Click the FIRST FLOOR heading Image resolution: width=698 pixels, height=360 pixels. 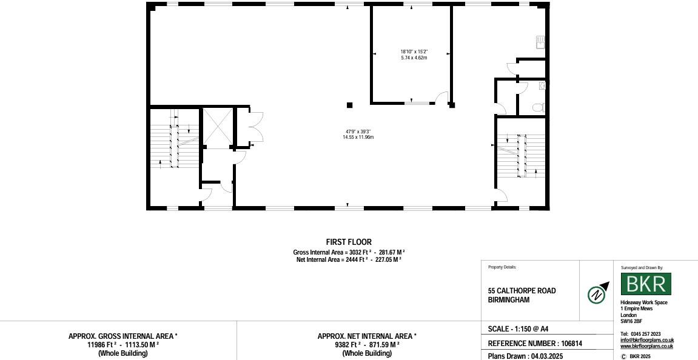(x=349, y=242)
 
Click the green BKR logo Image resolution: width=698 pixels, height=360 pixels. (x=646, y=284)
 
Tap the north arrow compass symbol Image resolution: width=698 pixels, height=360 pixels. (x=598, y=295)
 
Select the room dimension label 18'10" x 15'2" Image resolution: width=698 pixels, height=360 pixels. (x=414, y=52)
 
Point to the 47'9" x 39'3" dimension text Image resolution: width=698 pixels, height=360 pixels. (x=358, y=131)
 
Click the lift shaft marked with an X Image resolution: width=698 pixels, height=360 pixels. (x=217, y=127)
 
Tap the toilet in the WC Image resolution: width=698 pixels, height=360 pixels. (x=537, y=107)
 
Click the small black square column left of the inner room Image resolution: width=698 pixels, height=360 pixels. (x=349, y=105)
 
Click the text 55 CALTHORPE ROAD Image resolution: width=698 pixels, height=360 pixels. (x=522, y=291)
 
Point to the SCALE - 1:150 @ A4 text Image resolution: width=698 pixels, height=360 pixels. (x=518, y=329)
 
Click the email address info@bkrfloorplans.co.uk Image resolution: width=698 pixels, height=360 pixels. (x=646, y=340)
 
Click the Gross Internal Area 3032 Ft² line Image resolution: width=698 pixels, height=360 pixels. (x=349, y=252)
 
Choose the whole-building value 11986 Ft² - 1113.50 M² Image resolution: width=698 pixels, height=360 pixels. (x=123, y=345)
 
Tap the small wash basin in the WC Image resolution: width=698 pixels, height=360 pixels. (x=542, y=86)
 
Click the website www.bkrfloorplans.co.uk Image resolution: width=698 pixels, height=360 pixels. (x=646, y=346)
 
